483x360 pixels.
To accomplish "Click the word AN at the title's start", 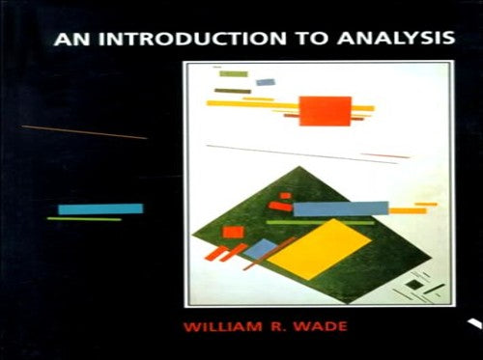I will click(70, 42).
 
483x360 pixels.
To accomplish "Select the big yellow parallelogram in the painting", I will click(320, 248).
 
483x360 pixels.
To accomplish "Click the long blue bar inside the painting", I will click(340, 208).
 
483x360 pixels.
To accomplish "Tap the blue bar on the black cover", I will click(99, 208).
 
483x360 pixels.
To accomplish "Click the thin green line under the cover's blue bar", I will click(84, 219).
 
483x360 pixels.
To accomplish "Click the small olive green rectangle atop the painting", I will click(233, 74).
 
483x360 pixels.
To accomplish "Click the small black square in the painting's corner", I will click(413, 286).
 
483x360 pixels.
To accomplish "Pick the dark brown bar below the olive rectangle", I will click(232, 91).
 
